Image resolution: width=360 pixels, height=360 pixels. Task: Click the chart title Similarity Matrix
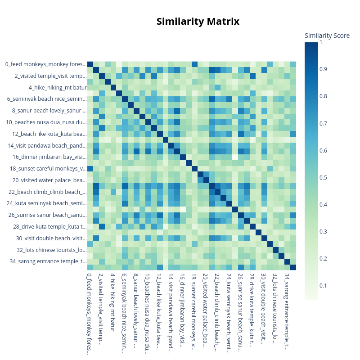click(198, 22)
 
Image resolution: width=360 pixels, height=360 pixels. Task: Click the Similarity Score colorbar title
click(327, 36)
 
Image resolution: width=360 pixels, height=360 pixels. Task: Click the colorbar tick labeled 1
click(320, 42)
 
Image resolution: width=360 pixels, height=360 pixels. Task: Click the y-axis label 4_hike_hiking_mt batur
click(58, 87)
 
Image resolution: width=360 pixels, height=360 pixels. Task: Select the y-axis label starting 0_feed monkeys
click(45, 64)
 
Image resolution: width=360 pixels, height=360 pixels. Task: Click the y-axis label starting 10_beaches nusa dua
click(46, 122)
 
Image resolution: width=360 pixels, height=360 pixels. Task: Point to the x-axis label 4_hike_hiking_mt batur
click(113, 297)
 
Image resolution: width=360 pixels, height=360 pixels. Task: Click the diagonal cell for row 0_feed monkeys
click(90, 64)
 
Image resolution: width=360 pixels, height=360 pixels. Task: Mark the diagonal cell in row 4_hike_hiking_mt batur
click(113, 87)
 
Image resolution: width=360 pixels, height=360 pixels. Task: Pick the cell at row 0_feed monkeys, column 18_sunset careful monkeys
click(194, 64)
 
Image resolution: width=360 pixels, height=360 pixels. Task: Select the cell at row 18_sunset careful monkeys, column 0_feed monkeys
click(90, 168)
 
